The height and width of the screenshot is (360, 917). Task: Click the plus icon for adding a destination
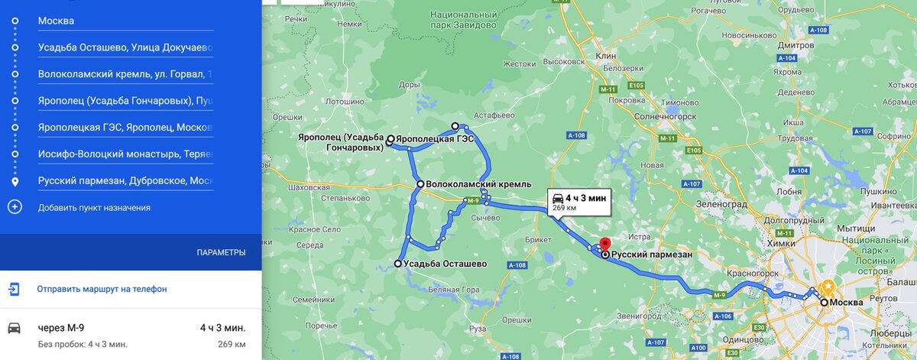[15, 207]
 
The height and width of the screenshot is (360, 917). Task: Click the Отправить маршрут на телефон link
[102, 289]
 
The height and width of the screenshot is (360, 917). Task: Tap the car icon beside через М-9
[15, 328]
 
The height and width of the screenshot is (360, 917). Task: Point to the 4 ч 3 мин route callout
[578, 202]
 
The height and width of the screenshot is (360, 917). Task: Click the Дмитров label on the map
[795, 45]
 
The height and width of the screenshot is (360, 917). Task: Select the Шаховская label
[306, 186]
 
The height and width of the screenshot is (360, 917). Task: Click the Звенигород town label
[642, 315]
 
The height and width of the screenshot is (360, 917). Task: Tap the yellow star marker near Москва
[828, 287]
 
